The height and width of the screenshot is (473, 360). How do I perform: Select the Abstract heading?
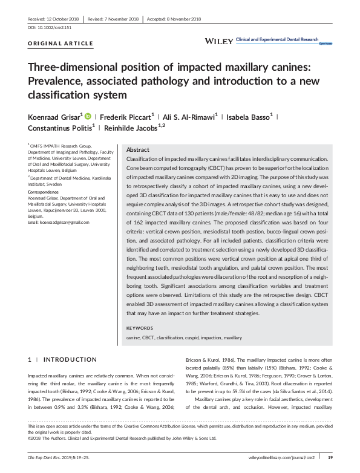pos(137,149)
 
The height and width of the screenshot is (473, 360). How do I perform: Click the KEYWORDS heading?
pos(140,328)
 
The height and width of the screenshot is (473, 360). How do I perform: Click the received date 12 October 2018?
pos(53,19)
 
